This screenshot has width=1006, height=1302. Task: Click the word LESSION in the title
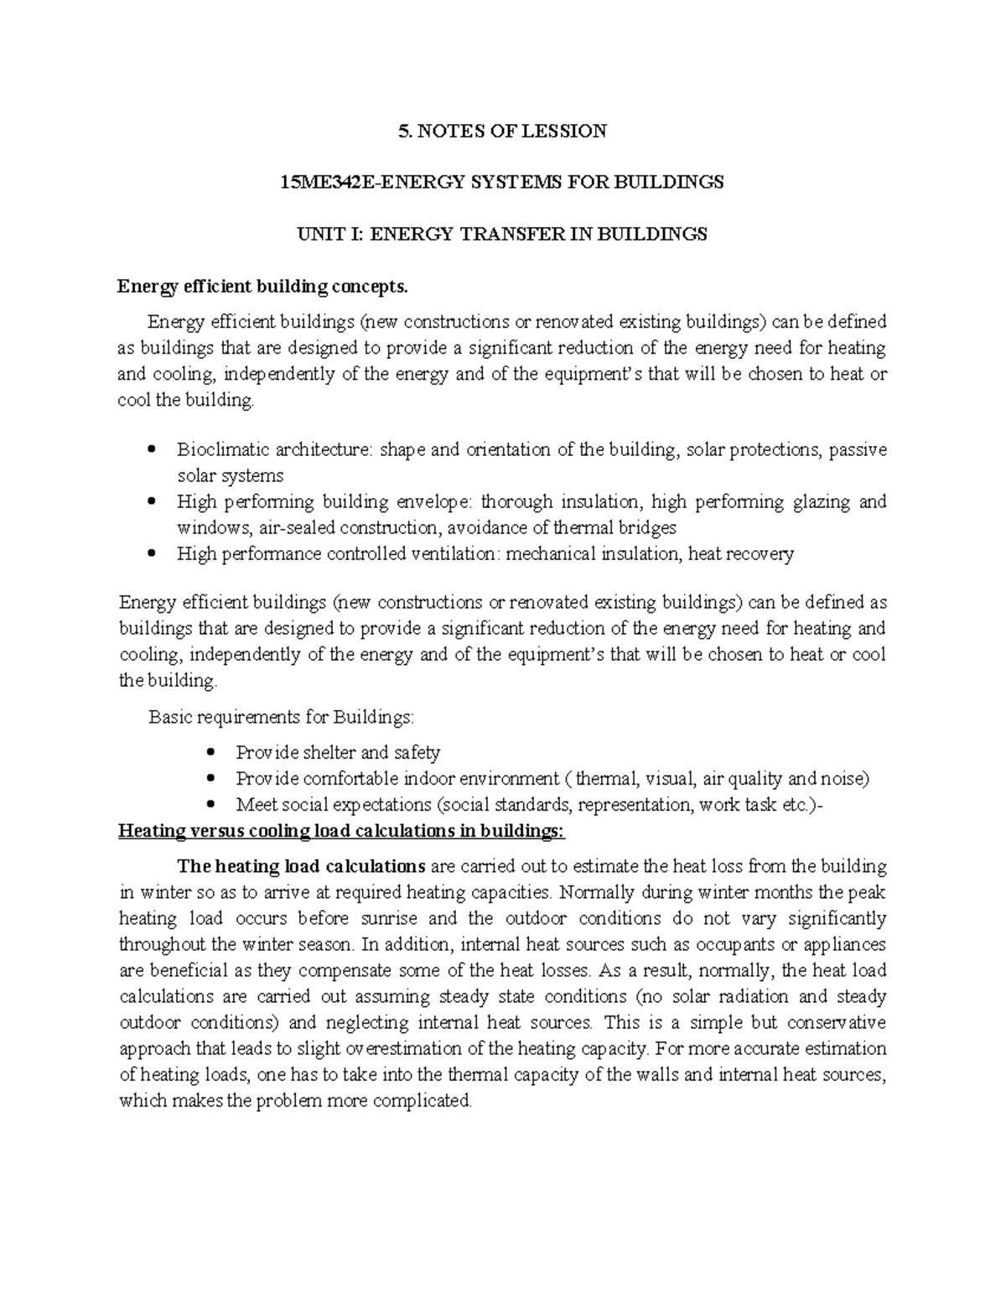point(568,131)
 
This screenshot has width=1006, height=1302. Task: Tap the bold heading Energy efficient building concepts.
point(262,287)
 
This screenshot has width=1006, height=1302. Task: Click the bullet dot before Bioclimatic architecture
point(151,449)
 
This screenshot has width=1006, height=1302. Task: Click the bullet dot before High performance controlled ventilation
point(151,554)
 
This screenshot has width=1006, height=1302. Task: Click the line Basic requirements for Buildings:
point(281,718)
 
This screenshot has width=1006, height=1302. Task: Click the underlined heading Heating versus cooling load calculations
point(342,832)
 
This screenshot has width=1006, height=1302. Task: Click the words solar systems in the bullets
point(230,475)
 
